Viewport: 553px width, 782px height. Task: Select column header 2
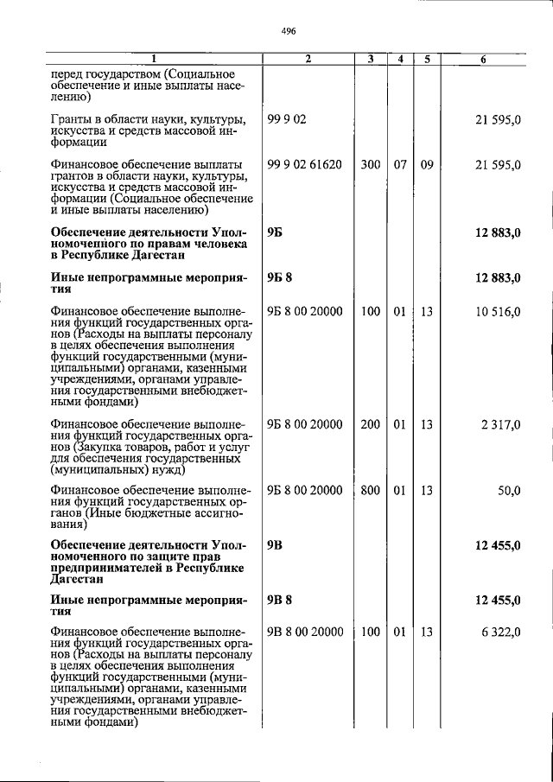pos(308,59)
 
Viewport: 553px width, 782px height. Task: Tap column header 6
pos(484,59)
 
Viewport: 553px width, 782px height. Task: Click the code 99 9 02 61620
pos(304,164)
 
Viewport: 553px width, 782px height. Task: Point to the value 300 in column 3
pos(370,164)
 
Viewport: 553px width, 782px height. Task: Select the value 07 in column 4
pos(400,164)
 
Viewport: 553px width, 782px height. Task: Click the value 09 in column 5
pos(427,164)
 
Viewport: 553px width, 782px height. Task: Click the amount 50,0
pos(509,491)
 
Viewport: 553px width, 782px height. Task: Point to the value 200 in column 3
pos(370,424)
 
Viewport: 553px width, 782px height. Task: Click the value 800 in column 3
pos(370,491)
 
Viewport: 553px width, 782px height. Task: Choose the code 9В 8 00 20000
pos(304,632)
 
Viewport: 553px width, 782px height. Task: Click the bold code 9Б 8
pos(280,277)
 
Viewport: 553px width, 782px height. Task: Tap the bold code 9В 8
pos(280,598)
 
